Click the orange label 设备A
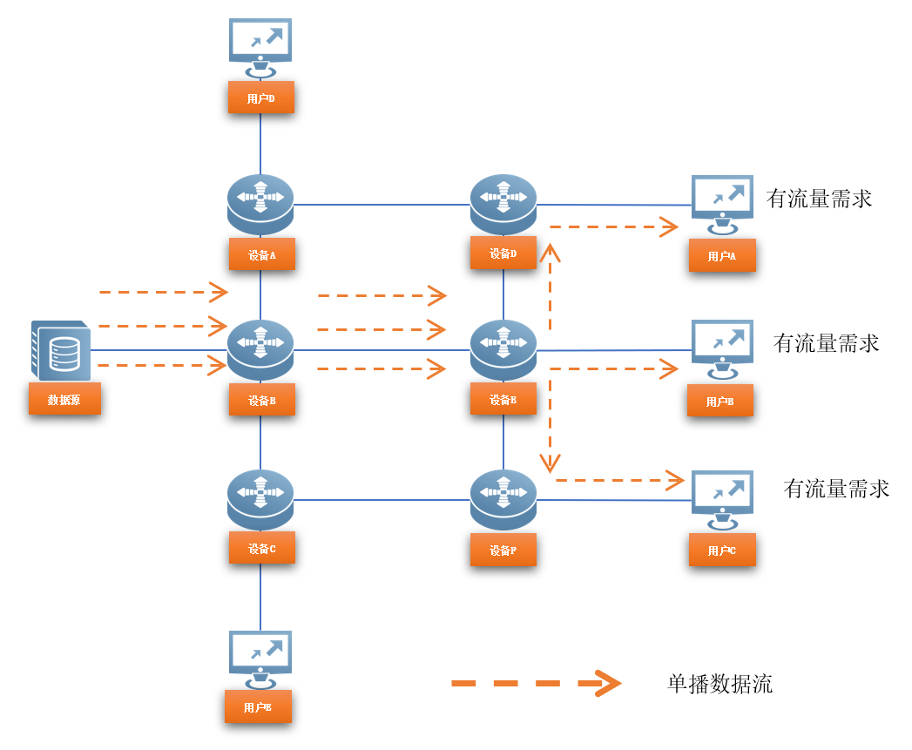[x=261, y=254]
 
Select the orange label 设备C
[x=261, y=548]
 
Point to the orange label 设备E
[x=503, y=399]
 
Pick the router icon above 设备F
[x=503, y=498]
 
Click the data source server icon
[x=61, y=350]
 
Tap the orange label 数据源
[x=64, y=399]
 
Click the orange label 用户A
[x=721, y=255]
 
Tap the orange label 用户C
[x=721, y=550]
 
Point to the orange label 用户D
[x=260, y=98]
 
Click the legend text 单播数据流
[x=719, y=684]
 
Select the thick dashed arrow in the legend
[x=535, y=684]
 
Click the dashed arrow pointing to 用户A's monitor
[x=613, y=227]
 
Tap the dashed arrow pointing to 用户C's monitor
[x=618, y=479]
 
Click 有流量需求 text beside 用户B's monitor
[x=826, y=343]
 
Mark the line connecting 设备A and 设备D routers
[x=382, y=205]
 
